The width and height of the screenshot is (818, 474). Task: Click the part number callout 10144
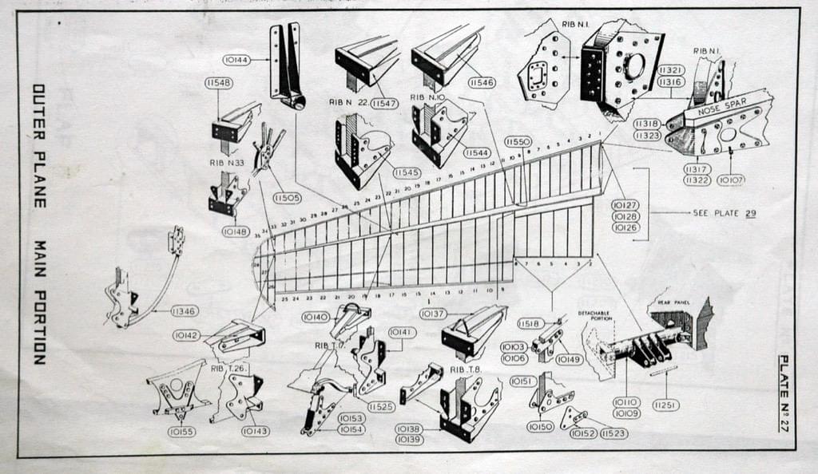pos(237,60)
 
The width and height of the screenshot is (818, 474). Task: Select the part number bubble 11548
pos(218,82)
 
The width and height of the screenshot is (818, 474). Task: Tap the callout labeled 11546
pos(482,82)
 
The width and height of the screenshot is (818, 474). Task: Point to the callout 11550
pos(518,141)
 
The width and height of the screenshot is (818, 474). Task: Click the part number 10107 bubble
pos(732,180)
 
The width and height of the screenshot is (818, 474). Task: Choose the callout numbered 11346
pos(185,310)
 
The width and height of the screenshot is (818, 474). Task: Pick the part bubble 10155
pos(181,432)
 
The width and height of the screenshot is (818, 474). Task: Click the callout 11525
pos(381,407)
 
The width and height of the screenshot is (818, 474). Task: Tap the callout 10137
pos(433,314)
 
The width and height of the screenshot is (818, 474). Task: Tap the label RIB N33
pos(227,162)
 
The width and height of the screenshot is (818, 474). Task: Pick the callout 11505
pos(287,197)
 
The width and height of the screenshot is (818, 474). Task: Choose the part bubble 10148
pos(236,231)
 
